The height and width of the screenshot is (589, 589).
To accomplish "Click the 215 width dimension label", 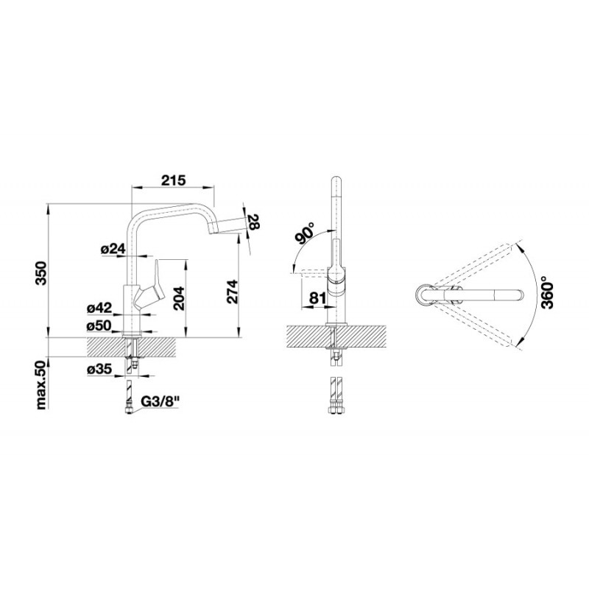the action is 174,180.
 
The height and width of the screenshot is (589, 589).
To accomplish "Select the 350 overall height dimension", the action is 41,272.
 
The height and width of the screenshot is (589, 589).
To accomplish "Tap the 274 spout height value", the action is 233,292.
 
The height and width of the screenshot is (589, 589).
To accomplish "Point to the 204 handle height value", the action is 180,299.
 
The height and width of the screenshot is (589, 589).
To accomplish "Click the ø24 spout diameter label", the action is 113,248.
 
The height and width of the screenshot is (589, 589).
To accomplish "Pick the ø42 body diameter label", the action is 99,308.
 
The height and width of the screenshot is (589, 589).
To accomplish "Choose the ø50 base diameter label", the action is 99,325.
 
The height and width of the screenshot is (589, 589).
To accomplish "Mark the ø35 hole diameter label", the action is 99,370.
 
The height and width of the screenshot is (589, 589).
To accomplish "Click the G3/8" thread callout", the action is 160,402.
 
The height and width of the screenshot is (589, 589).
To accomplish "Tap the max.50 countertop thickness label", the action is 41,384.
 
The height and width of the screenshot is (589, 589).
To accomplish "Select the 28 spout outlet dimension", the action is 254,222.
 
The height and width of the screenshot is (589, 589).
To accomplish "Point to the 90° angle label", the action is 305,233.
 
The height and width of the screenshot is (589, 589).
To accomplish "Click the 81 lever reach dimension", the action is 318,298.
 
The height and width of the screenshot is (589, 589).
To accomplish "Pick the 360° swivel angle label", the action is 548,291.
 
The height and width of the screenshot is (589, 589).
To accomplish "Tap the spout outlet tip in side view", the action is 213,228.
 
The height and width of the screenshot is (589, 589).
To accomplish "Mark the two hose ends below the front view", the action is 336,395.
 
